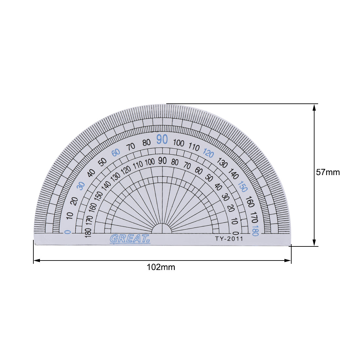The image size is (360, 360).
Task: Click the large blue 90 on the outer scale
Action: click(162, 139)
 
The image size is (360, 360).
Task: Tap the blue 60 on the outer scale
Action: click(116, 153)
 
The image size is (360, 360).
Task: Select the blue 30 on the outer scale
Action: click(81, 186)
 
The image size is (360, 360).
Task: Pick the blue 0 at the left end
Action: click(68, 232)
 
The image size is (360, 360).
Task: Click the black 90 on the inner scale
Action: click(162, 160)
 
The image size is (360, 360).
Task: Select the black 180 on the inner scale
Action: click(88, 231)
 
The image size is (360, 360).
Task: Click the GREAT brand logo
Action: click(130, 239)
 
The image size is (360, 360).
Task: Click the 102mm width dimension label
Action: click(161, 267)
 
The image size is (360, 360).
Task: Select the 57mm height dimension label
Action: click(328, 172)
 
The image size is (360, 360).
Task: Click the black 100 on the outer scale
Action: click(179, 143)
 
